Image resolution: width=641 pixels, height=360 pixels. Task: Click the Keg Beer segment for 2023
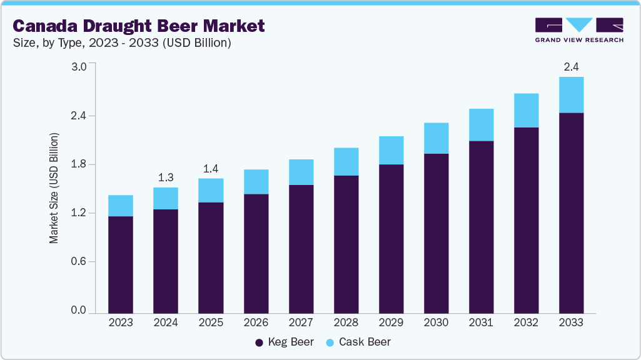[121, 264]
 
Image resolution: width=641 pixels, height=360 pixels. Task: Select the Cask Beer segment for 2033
[571, 95]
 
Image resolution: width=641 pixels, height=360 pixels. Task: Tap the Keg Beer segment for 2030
[436, 233]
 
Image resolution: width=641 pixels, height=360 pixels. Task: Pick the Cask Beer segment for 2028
[346, 162]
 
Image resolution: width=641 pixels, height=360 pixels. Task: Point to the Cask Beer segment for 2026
[256, 182]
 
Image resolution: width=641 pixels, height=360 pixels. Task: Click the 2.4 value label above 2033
[571, 67]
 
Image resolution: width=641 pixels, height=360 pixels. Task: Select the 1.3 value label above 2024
[166, 177]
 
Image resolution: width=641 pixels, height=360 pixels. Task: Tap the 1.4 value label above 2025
[211, 169]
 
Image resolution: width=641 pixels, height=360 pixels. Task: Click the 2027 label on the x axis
[301, 322]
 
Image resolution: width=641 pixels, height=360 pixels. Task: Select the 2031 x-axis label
[481, 322]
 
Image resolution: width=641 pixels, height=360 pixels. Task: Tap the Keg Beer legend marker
[259, 342]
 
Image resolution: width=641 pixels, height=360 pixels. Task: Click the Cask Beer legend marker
[330, 342]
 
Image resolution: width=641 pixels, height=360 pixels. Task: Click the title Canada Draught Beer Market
[139, 26]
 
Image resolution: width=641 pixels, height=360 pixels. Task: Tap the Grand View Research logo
[579, 29]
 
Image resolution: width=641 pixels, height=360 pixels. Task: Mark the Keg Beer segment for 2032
[526, 220]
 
